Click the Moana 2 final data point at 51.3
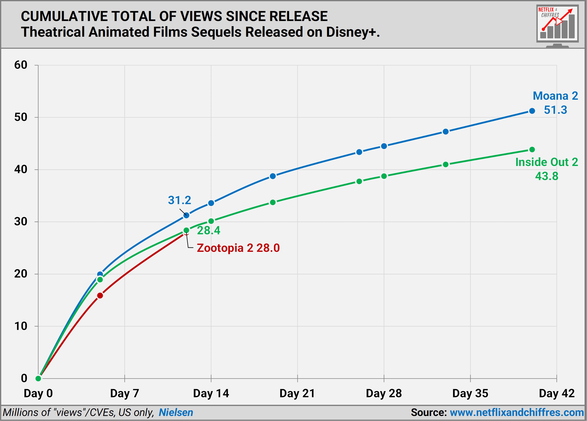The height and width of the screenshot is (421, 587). (x=532, y=111)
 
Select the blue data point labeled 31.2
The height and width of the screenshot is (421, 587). (x=186, y=215)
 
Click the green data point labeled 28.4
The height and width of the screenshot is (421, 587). (x=186, y=230)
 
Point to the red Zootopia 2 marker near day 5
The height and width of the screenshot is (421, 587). (x=100, y=295)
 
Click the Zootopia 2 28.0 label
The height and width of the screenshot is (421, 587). (x=238, y=248)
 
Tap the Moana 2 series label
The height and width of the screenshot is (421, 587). (x=555, y=96)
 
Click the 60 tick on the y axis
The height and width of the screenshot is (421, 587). (x=21, y=65)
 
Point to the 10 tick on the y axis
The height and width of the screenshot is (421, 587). (x=21, y=326)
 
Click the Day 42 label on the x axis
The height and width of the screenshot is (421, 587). (x=556, y=393)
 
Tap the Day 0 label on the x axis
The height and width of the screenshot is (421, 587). (x=38, y=393)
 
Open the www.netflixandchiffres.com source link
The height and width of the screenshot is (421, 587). (x=517, y=412)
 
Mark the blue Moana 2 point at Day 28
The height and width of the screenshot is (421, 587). (x=384, y=146)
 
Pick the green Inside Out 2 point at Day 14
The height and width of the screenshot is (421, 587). (x=211, y=221)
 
